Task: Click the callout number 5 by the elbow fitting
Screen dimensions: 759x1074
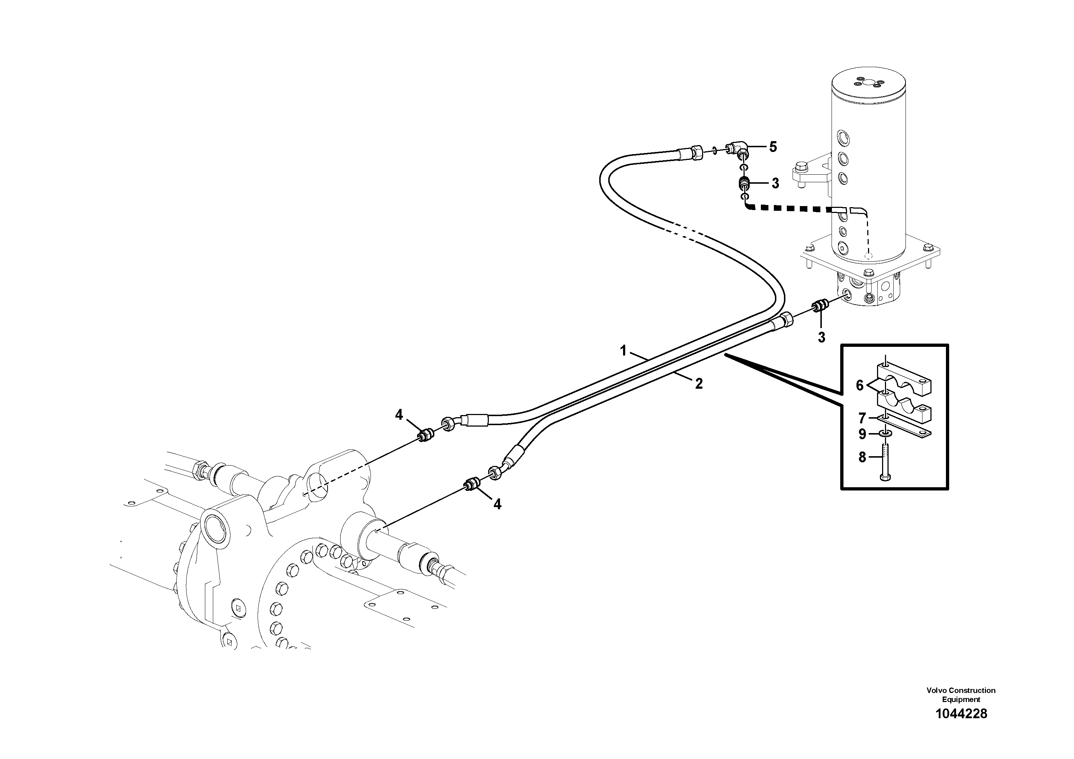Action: [x=773, y=147]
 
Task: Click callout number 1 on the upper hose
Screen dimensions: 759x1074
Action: [x=623, y=350]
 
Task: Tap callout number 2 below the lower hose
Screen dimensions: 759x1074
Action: [x=699, y=384]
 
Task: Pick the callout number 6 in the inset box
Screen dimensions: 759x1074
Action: [x=859, y=385]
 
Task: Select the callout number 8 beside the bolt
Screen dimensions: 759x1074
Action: [x=863, y=457]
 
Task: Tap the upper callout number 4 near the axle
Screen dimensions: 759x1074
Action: [x=399, y=415]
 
